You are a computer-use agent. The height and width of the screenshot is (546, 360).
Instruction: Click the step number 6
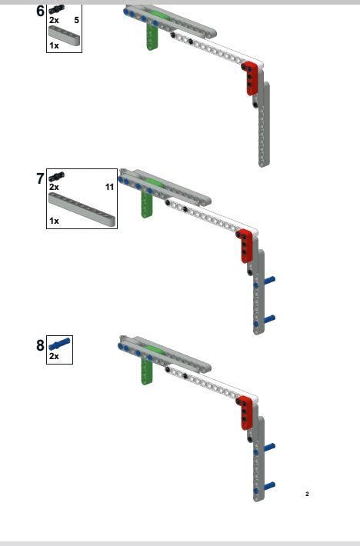coord(41,11)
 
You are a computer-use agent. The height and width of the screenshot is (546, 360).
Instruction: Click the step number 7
coord(41,178)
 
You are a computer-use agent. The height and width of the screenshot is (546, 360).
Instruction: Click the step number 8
coord(41,345)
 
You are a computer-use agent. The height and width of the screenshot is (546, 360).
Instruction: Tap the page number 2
coord(307,494)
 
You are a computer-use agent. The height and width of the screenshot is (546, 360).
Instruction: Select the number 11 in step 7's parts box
coord(110,187)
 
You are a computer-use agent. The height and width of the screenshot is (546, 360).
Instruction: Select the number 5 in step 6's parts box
coord(77,20)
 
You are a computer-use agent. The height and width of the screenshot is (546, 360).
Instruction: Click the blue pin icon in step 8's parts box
coord(59,344)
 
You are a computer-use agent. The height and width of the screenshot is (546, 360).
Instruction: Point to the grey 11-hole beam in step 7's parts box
coord(82,210)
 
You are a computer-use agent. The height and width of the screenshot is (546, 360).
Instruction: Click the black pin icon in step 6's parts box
coord(56,9)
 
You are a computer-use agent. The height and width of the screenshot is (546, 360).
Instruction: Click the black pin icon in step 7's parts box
coord(56,177)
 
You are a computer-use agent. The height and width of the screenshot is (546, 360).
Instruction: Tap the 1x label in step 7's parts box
coord(54,221)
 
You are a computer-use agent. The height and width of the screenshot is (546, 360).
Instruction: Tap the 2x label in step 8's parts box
coord(54,356)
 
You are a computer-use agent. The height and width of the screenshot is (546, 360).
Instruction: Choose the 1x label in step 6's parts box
coord(54,45)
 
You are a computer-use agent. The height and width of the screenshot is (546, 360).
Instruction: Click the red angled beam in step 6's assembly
coord(251,78)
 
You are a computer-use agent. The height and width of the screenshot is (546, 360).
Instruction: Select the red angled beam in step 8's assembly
coord(246,412)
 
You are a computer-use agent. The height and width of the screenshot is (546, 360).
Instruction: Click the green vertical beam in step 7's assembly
coord(147,203)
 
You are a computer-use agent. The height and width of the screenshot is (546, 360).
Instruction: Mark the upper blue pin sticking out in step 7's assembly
coord(269,279)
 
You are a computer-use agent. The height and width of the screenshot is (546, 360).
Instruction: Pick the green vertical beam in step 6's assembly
coord(152,35)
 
